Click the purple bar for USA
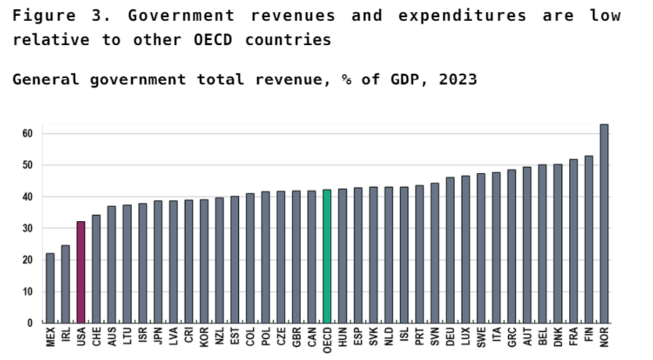coord(81,272)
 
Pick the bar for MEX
coord(50,288)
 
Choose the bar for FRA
coord(573,240)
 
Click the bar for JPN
coord(158,261)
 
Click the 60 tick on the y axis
coord(27,134)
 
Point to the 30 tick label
coord(27,228)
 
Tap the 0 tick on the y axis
coord(30,323)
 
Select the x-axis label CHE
coord(96,337)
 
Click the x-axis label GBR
coord(296,337)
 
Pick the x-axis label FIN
coord(589,336)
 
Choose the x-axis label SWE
coord(481,337)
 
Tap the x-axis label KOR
coord(204,337)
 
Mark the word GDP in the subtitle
coord(406,79)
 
